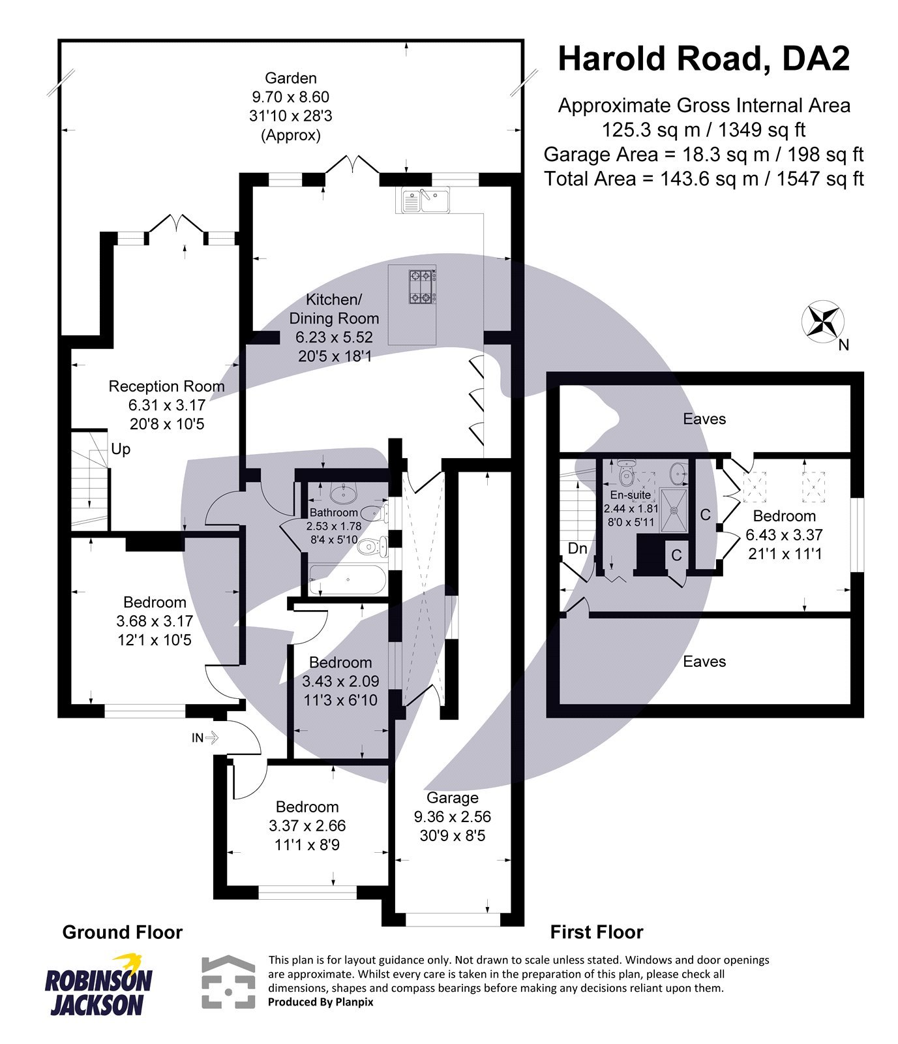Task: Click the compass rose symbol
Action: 822,320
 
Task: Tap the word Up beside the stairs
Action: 121,449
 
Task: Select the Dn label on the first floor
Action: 577,549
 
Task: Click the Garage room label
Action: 453,797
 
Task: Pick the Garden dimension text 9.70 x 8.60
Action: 291,97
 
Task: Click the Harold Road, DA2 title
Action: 704,59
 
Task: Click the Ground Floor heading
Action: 123,932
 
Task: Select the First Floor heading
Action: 597,932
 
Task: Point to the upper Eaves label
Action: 704,419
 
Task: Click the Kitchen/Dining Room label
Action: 334,309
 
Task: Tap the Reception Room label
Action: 166,386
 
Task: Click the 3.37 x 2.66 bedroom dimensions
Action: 307,826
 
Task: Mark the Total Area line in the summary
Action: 704,178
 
